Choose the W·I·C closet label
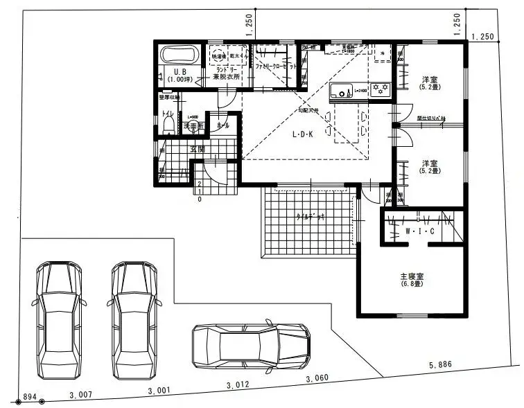tap(420, 231)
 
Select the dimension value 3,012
tap(238, 384)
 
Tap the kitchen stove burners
tap(381, 88)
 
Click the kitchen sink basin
tap(342, 91)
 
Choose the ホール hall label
tap(223, 126)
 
